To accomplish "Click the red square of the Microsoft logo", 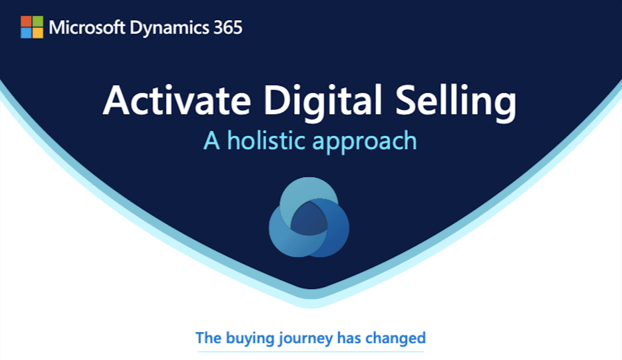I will (26, 21).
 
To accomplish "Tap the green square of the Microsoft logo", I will (37, 21).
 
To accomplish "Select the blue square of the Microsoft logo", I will (26, 33).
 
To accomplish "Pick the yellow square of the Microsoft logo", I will (37, 33).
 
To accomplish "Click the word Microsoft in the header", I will (83, 27).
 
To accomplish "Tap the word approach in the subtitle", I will (365, 141).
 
